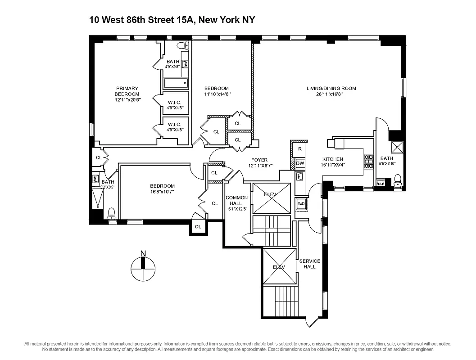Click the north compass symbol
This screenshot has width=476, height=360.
pyautogui.click(x=143, y=270)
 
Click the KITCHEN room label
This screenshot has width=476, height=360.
pyautogui.click(x=332, y=159)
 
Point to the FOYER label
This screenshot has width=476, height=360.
pyautogui.click(x=259, y=160)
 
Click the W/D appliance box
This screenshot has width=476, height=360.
pyautogui.click(x=301, y=204)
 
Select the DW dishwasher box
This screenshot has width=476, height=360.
pyautogui.click(x=300, y=163)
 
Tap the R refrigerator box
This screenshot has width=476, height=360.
pyautogui.click(x=300, y=148)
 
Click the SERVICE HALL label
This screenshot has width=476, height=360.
pyautogui.click(x=310, y=264)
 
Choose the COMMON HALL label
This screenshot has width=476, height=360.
pyautogui.click(x=236, y=201)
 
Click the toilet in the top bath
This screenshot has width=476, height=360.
pyautogui.click(x=181, y=45)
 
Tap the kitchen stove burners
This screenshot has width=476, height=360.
pyautogui.click(x=368, y=161)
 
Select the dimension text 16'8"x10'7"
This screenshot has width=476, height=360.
pyautogui.click(x=162, y=192)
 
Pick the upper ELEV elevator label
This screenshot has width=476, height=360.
pyautogui.click(x=270, y=194)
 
